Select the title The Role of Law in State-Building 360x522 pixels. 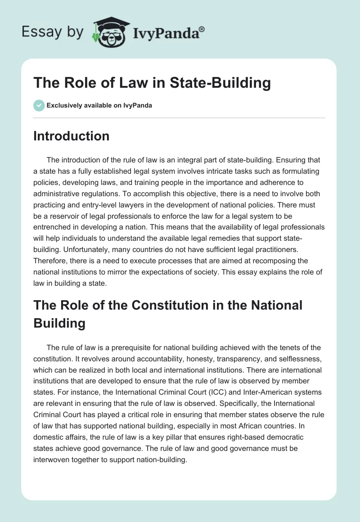point(152,83)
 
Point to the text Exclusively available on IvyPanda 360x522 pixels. point(99,106)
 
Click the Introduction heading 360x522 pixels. point(71,136)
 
